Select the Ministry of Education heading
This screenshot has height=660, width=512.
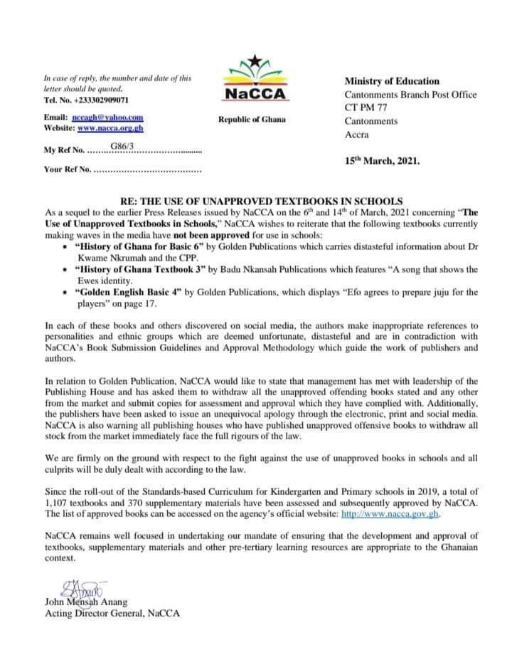392,81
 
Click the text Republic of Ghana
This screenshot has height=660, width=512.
252,119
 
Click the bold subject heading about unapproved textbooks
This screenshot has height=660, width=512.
255,200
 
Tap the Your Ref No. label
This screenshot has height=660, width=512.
68,171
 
